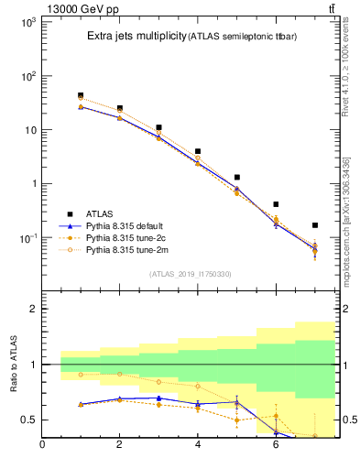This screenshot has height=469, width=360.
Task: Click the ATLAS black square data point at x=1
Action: point(81,95)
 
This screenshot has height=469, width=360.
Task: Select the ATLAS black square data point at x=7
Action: point(315,225)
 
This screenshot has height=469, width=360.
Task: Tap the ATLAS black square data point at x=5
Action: point(237,177)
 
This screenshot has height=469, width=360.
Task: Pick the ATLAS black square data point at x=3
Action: point(158,128)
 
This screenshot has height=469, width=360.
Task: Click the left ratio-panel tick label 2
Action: point(31,310)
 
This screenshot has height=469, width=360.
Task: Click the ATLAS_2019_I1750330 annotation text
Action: point(190,274)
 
